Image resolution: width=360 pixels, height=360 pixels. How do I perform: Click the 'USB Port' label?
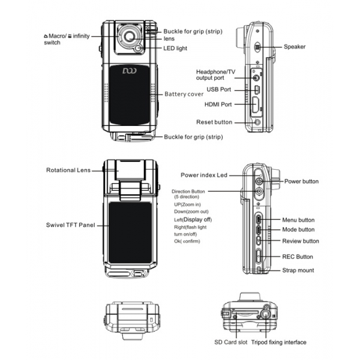click(x=220, y=89)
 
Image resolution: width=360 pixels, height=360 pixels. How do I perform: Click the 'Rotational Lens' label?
click(x=68, y=170)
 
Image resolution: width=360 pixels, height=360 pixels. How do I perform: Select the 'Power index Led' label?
click(x=204, y=175)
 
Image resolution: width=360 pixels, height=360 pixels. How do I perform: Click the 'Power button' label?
click(x=301, y=181)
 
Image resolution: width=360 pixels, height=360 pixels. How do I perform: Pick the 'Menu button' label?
click(x=298, y=220)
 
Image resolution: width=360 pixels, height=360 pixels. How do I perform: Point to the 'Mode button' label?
click(x=298, y=230)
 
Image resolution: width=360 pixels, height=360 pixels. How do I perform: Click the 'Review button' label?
click(x=301, y=241)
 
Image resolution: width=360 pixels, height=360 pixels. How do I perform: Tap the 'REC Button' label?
click(x=298, y=257)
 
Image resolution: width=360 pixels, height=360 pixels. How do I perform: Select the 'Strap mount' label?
click(x=298, y=271)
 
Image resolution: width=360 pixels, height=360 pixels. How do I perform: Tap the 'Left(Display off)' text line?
click(x=193, y=220)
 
